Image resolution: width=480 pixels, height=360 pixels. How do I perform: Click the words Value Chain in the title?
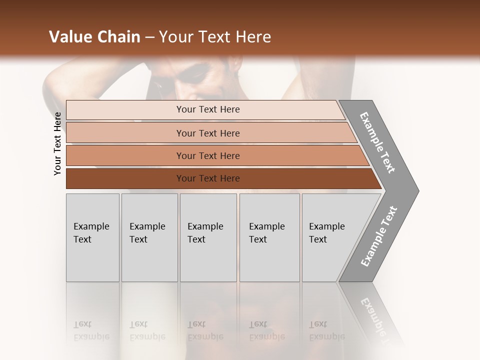pyautogui.click(x=94, y=37)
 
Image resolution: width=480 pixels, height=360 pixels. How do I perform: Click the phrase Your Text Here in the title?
pyautogui.click(x=215, y=37)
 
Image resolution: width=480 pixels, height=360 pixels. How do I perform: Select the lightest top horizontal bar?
pyautogui.click(x=208, y=109)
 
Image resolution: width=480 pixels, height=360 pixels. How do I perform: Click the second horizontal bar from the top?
pyautogui.click(x=208, y=133)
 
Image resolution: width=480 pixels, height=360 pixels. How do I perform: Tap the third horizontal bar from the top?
pyautogui.click(x=208, y=155)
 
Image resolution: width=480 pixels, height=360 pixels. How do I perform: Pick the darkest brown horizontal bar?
pyautogui.click(x=208, y=178)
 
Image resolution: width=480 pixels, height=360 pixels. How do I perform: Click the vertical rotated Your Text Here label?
pyautogui.click(x=57, y=144)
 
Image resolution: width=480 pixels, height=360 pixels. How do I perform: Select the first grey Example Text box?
pyautogui.click(x=92, y=237)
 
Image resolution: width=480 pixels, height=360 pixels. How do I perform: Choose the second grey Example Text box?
pyautogui.click(x=149, y=237)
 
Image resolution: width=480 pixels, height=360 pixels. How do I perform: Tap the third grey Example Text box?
pyautogui.click(x=208, y=237)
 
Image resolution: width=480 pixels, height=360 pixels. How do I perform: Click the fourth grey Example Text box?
pyautogui.click(x=269, y=237)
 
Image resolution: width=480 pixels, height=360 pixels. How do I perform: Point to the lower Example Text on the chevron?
pyautogui.click(x=379, y=236)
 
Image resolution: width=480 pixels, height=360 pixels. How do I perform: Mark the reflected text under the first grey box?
pyautogui.click(x=91, y=330)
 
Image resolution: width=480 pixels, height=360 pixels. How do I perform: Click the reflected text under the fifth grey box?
pyautogui.click(x=326, y=330)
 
